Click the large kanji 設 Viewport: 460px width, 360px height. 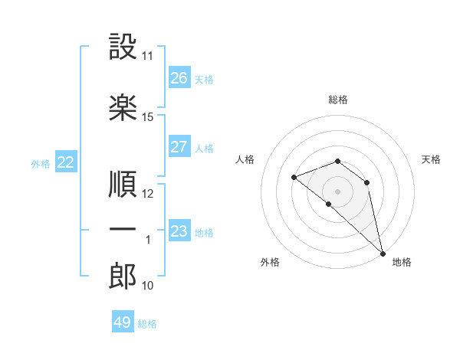pyautogui.click(x=123, y=46)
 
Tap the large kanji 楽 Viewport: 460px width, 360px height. pyautogui.click(x=123, y=107)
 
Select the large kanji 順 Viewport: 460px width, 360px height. pyautogui.click(x=123, y=184)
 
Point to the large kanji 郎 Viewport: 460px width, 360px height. pyautogui.click(x=123, y=276)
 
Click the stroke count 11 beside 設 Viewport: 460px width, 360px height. pyautogui.click(x=147, y=56)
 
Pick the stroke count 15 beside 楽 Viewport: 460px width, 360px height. pyautogui.click(x=147, y=117)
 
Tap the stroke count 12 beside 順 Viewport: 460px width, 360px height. pyautogui.click(x=147, y=194)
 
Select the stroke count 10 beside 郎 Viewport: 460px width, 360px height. pyautogui.click(x=147, y=286)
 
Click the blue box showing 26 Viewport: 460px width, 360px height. pyautogui.click(x=179, y=77)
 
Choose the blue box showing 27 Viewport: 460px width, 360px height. pyautogui.click(x=179, y=146)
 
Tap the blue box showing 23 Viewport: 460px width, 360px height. pyautogui.click(x=179, y=230)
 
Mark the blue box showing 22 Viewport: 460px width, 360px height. pyautogui.click(x=66, y=162)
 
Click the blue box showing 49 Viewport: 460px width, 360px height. pyautogui.click(x=123, y=321)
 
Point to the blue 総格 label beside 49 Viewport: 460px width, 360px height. pyautogui.click(x=147, y=324)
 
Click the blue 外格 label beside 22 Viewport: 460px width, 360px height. pyautogui.click(x=41, y=164)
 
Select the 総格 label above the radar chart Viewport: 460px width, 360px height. pyautogui.click(x=338, y=100)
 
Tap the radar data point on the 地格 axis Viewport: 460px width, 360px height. pyautogui.click(x=383, y=254)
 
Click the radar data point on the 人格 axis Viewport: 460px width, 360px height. pyautogui.click(x=294, y=178)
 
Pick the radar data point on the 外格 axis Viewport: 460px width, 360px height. pyautogui.click(x=329, y=204)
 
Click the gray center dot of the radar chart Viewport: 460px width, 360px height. pyautogui.click(x=337, y=191)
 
